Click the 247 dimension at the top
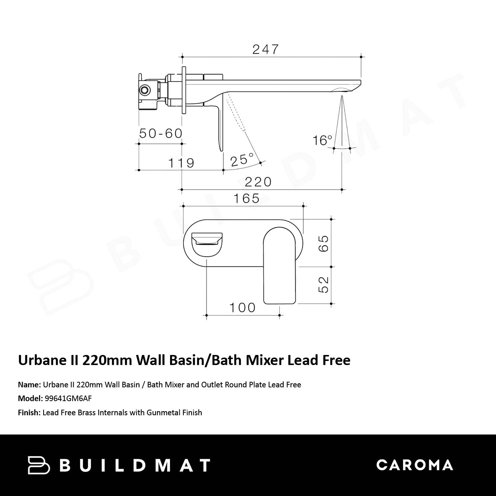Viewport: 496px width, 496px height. click(x=265, y=49)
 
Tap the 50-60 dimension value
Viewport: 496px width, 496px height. click(x=161, y=133)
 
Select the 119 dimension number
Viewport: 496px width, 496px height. click(x=181, y=163)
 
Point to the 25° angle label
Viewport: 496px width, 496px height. click(x=242, y=160)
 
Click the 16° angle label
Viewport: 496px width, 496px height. click(x=322, y=140)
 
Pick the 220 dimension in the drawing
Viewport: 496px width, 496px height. click(x=258, y=182)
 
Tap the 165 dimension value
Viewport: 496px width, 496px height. click(x=246, y=198)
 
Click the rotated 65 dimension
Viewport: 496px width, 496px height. click(x=324, y=243)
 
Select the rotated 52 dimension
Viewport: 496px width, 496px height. click(x=324, y=285)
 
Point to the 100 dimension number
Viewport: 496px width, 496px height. click(x=242, y=308)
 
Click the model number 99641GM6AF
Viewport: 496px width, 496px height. click(x=68, y=399)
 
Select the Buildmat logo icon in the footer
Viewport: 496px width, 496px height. click(x=39, y=465)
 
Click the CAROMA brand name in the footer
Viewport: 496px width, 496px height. click(x=415, y=465)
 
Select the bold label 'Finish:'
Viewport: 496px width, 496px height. click(x=29, y=413)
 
